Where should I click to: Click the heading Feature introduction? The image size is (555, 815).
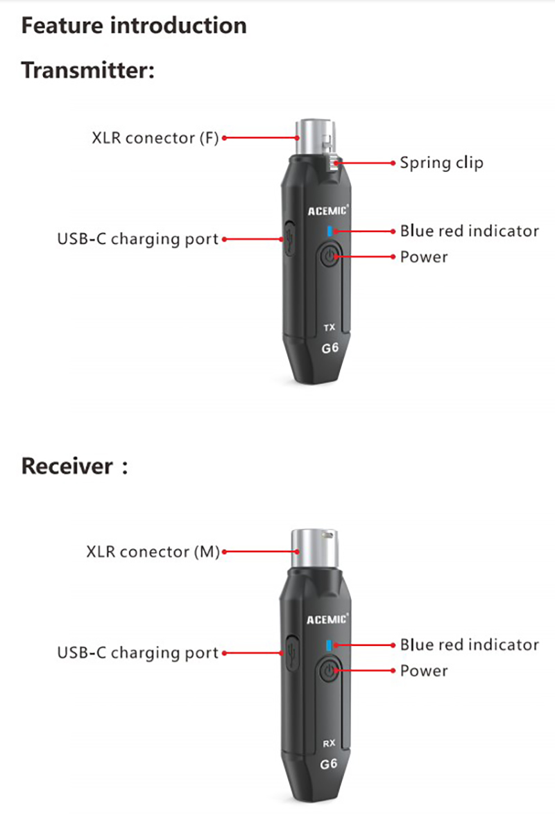point(134,26)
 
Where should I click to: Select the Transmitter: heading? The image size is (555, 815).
point(88,70)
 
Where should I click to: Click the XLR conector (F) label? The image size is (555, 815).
point(155,138)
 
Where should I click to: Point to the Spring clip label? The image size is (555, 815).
point(441,163)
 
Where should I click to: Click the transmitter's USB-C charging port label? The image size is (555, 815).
point(137,239)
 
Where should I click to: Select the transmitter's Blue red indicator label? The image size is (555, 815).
point(469,231)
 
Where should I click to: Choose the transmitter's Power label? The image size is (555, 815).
point(424,257)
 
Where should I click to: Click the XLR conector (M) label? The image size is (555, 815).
point(153,552)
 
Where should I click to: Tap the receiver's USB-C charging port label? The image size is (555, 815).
point(137,653)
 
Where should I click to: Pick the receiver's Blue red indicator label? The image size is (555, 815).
point(469,645)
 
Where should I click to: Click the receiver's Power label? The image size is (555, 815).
point(424,671)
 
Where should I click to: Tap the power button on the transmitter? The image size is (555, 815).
point(330,257)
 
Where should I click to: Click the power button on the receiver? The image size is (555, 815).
point(330,671)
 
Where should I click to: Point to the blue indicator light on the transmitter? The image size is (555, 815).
point(330,231)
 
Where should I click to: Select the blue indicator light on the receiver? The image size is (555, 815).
point(330,645)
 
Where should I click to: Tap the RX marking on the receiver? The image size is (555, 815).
point(330,743)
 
